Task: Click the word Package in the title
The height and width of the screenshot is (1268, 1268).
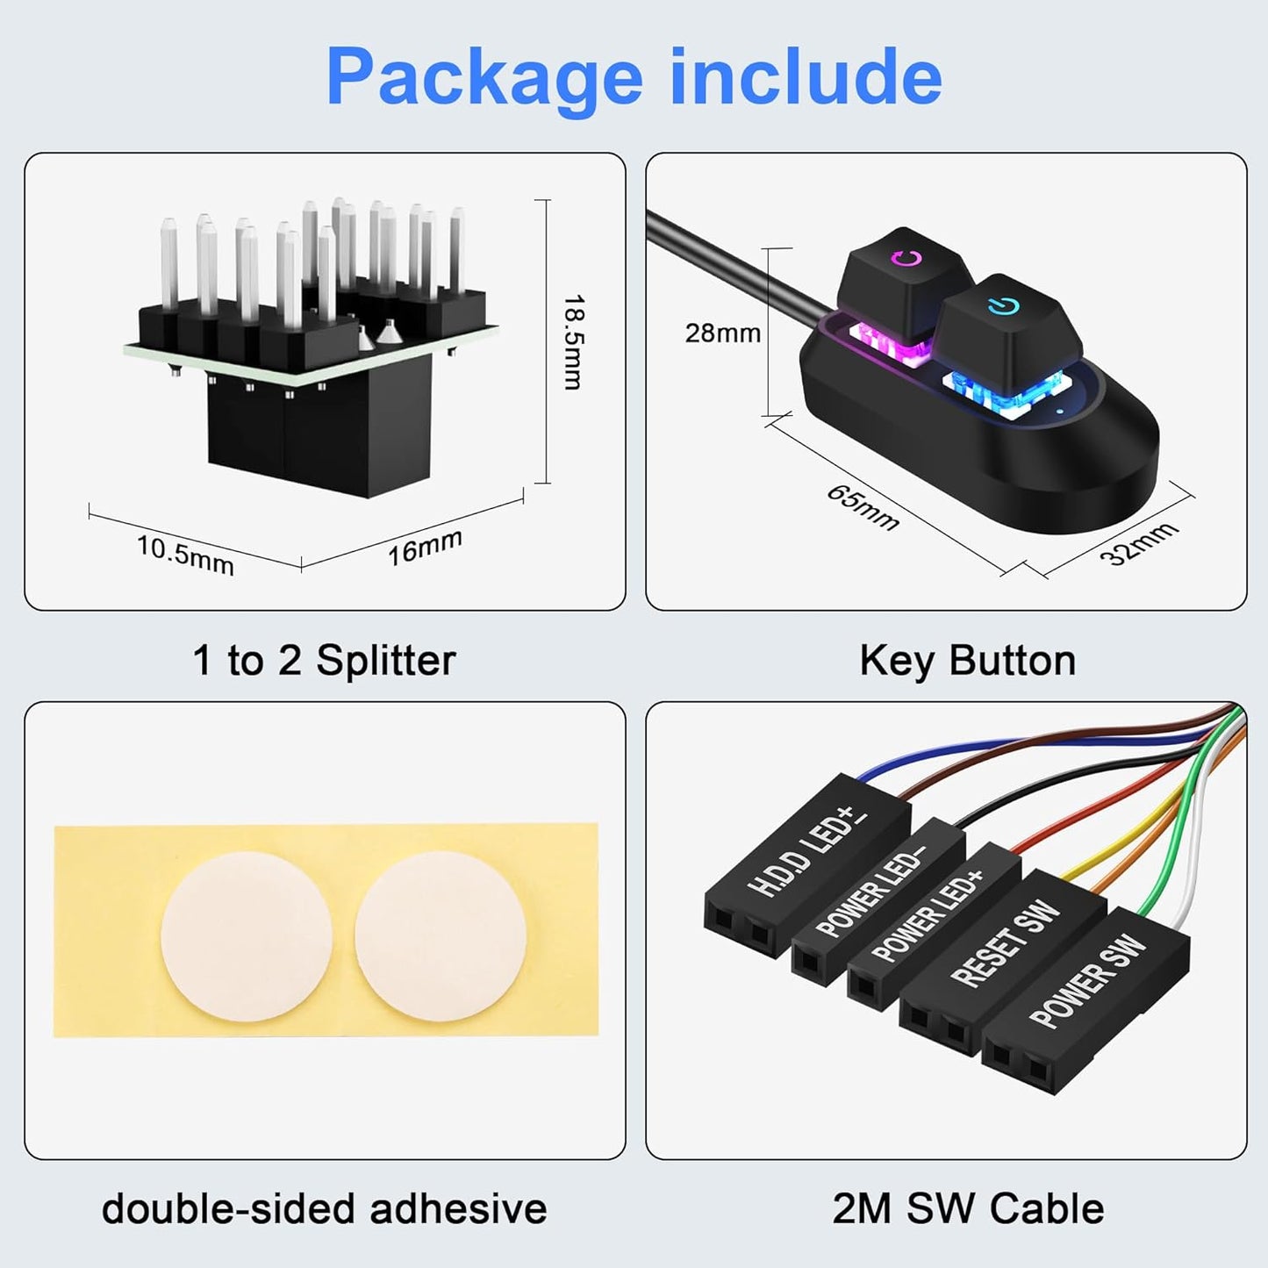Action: point(485,78)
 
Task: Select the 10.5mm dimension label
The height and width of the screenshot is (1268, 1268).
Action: point(185,555)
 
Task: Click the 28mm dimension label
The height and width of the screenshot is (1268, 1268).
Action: point(722,333)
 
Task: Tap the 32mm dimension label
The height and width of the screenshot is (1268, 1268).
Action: point(1138,543)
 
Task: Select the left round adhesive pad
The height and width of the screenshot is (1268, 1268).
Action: point(247,935)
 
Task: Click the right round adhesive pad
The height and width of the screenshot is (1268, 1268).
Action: point(441,935)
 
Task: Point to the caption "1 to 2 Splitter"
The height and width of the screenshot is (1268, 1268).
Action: point(324,661)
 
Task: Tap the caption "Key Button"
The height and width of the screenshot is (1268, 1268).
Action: point(967,661)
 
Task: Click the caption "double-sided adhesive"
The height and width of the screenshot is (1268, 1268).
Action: point(324,1209)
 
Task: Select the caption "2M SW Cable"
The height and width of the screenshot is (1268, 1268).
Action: point(967,1209)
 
